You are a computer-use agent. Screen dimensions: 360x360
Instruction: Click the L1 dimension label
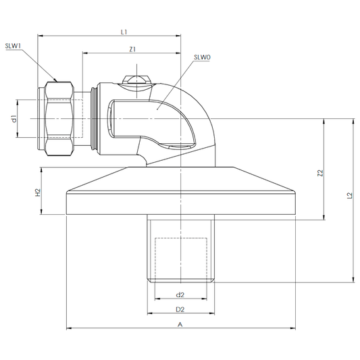coord(124,32)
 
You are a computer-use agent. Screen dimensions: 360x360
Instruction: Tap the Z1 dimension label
coord(132,49)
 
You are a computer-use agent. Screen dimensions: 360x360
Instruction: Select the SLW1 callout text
coord(13,46)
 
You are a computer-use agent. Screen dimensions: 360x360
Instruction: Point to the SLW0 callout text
coord(202,57)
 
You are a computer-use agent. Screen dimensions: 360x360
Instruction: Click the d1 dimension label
coord(14,119)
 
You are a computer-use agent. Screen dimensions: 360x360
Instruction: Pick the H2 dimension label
coord(38,192)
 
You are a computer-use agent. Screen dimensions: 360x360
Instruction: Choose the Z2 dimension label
coord(320,173)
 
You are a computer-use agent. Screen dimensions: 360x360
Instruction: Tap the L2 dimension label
coord(349,195)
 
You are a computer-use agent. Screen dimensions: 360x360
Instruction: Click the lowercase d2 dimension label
coord(180,294)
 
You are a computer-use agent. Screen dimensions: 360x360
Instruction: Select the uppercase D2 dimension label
coord(180,309)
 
